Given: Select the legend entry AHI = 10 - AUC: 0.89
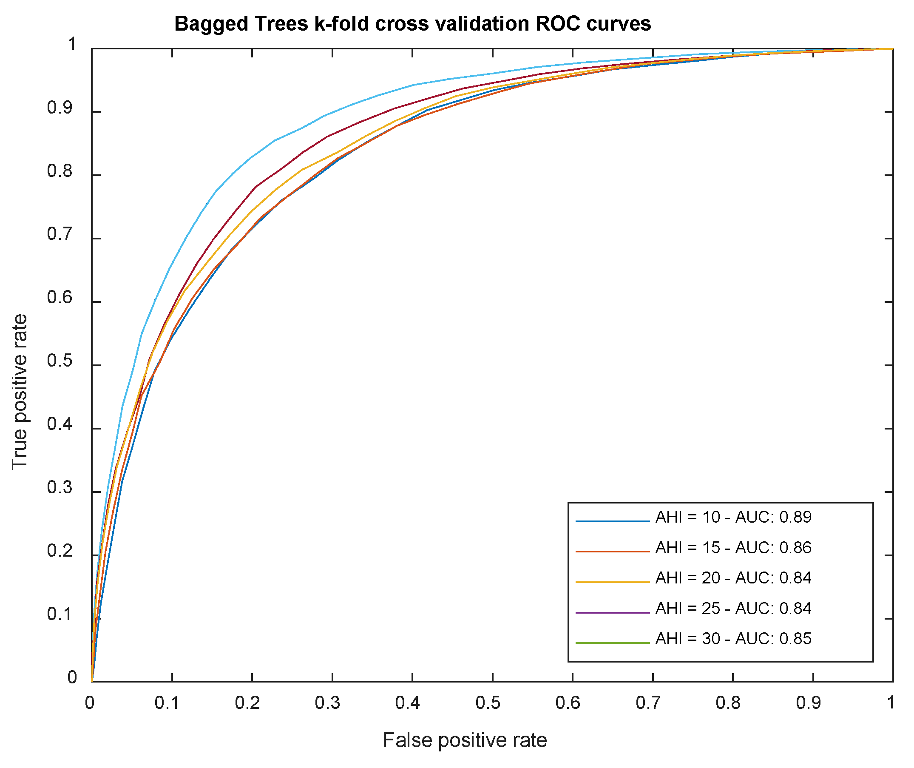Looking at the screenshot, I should (733, 517).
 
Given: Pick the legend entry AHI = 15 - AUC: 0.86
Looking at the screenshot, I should (733, 548).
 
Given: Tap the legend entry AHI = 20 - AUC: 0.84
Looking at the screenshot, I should (733, 578).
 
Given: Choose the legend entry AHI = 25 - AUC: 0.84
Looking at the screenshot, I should (733, 609).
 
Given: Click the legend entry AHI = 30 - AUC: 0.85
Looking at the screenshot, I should (733, 639).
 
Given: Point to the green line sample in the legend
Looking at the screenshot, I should (612, 643).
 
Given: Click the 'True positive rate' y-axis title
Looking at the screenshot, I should (20, 392).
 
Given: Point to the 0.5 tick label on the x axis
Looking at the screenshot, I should (488, 703).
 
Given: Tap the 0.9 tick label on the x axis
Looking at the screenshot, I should (809, 703).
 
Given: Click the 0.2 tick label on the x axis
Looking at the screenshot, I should (248, 703).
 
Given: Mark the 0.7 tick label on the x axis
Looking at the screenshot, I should (648, 703).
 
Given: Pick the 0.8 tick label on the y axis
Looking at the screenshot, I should (60, 171).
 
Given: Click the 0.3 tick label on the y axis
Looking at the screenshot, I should (60, 488).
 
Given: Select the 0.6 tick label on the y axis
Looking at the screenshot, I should (60, 298).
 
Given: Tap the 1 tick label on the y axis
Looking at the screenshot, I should (72, 44).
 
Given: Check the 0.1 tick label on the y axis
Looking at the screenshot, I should (60, 614).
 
